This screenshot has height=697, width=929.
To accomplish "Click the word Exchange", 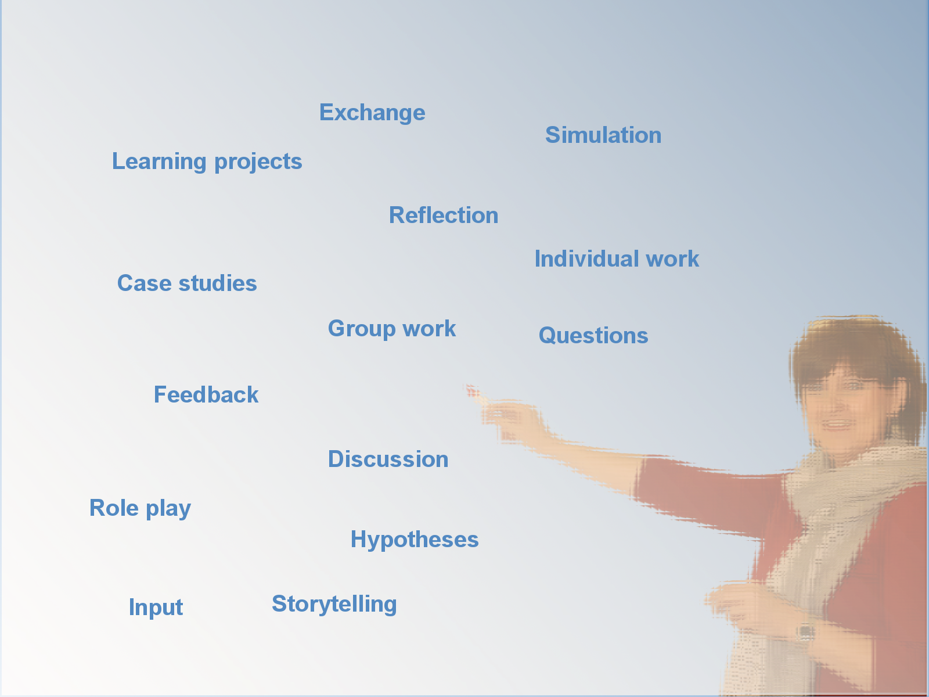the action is click(x=372, y=113).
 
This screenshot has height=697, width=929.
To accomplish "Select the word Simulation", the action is click(x=603, y=135).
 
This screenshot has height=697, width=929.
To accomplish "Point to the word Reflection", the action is click(x=444, y=215).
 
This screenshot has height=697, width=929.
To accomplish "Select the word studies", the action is click(x=218, y=283).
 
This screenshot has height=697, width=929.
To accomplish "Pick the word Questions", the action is click(x=593, y=336).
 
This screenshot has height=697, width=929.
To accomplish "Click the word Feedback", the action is click(x=206, y=395).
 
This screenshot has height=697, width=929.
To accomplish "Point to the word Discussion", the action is click(x=388, y=459).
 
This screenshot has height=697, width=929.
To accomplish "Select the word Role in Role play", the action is click(x=114, y=508).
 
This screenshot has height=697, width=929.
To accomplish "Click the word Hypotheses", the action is click(x=415, y=540).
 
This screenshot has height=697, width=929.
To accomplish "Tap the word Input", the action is click(x=156, y=608).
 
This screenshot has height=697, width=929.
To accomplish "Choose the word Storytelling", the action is click(x=334, y=605).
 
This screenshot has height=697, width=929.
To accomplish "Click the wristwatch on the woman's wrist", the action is click(x=806, y=633).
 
